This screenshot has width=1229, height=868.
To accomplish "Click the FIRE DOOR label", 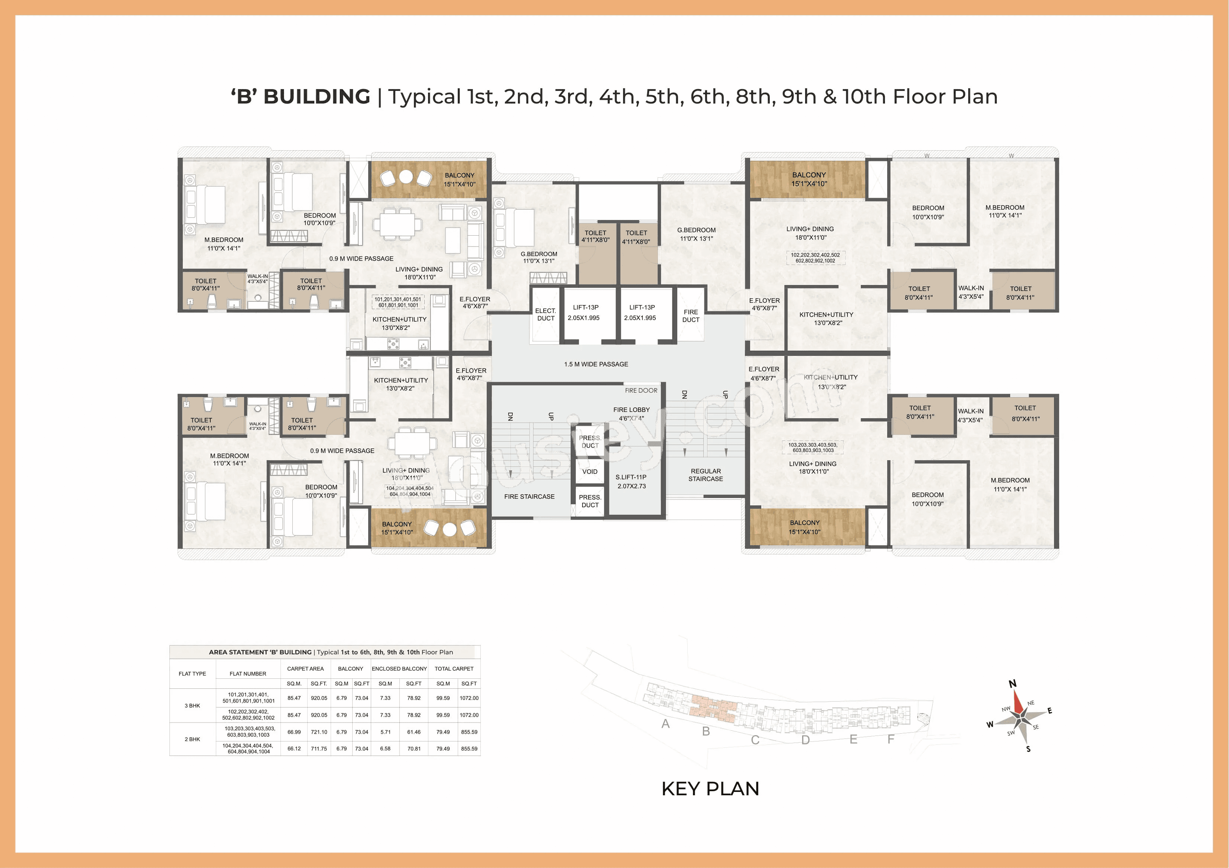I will [x=641, y=390].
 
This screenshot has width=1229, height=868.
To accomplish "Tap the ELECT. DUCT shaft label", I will [x=545, y=314].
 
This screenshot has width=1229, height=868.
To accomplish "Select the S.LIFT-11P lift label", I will [x=631, y=481].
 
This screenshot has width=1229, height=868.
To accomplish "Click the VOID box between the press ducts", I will [x=589, y=472].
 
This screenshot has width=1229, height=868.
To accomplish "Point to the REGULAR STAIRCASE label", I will [x=706, y=475].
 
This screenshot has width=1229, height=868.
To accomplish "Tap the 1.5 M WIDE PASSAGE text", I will [x=596, y=364].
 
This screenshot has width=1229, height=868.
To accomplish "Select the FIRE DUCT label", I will [x=691, y=315].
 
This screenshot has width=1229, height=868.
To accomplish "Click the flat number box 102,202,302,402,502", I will [x=815, y=258].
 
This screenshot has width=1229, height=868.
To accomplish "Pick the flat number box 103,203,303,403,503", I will [x=813, y=448].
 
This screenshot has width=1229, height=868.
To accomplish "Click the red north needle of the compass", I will [x=1018, y=702].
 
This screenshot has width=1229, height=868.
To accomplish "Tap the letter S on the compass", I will [x=1028, y=749].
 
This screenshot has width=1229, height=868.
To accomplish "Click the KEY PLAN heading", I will [x=710, y=788].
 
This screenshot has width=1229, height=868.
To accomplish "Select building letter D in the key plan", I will [x=805, y=740].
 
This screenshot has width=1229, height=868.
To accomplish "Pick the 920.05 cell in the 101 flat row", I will [x=318, y=698].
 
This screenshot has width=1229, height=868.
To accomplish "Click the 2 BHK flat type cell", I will [x=192, y=739].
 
